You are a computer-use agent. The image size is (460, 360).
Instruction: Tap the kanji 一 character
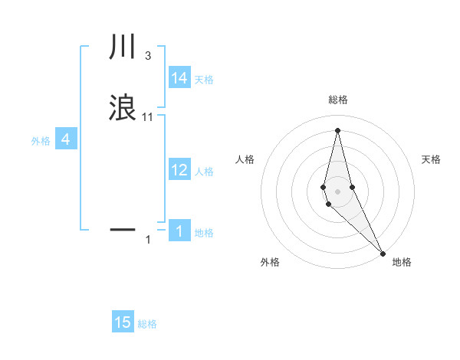pyautogui.click(x=123, y=228)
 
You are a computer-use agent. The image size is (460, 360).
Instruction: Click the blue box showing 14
pyautogui.click(x=179, y=78)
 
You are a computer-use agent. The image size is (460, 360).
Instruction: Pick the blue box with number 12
pyautogui.click(x=179, y=170)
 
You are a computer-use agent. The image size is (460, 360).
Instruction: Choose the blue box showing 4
pyautogui.click(x=66, y=139)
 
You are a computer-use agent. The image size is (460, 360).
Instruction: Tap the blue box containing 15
pyautogui.click(x=123, y=322)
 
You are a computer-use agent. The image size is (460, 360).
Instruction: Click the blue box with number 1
pyautogui.click(x=179, y=231)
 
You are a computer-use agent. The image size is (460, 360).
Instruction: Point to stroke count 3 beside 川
pyautogui.click(x=147, y=56)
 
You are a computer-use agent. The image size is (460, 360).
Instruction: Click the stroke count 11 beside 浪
pyautogui.click(x=148, y=116)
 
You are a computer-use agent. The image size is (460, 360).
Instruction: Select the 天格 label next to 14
pyautogui.click(x=204, y=80)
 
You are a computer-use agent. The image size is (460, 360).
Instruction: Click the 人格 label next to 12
pyautogui.click(x=204, y=172)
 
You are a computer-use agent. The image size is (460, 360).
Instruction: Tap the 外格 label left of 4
pyautogui.click(x=40, y=141)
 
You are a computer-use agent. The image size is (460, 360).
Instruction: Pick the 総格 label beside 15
pyautogui.click(x=147, y=324)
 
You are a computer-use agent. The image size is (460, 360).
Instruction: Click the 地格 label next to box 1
pyautogui.click(x=204, y=233)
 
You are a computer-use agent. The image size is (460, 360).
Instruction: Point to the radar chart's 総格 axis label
pyautogui.click(x=337, y=100)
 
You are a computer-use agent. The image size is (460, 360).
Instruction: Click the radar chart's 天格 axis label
pyautogui.click(x=431, y=159)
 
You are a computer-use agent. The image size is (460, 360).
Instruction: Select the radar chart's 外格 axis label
pyautogui.click(x=270, y=262)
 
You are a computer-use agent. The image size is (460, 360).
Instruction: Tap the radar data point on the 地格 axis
pyautogui.click(x=383, y=252)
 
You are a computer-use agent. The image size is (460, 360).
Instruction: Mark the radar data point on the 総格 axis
pyautogui.click(x=337, y=129)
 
